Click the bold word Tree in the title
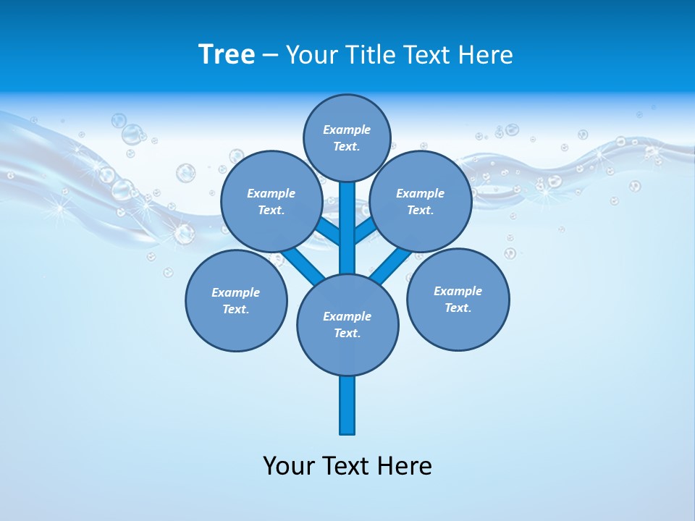coord(227,54)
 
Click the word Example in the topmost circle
coord(347,130)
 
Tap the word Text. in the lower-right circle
coord(458,308)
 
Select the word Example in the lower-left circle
coord(236,293)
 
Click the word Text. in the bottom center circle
coord(347,334)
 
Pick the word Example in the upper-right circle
coord(421,194)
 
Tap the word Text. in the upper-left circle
coord(271,211)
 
